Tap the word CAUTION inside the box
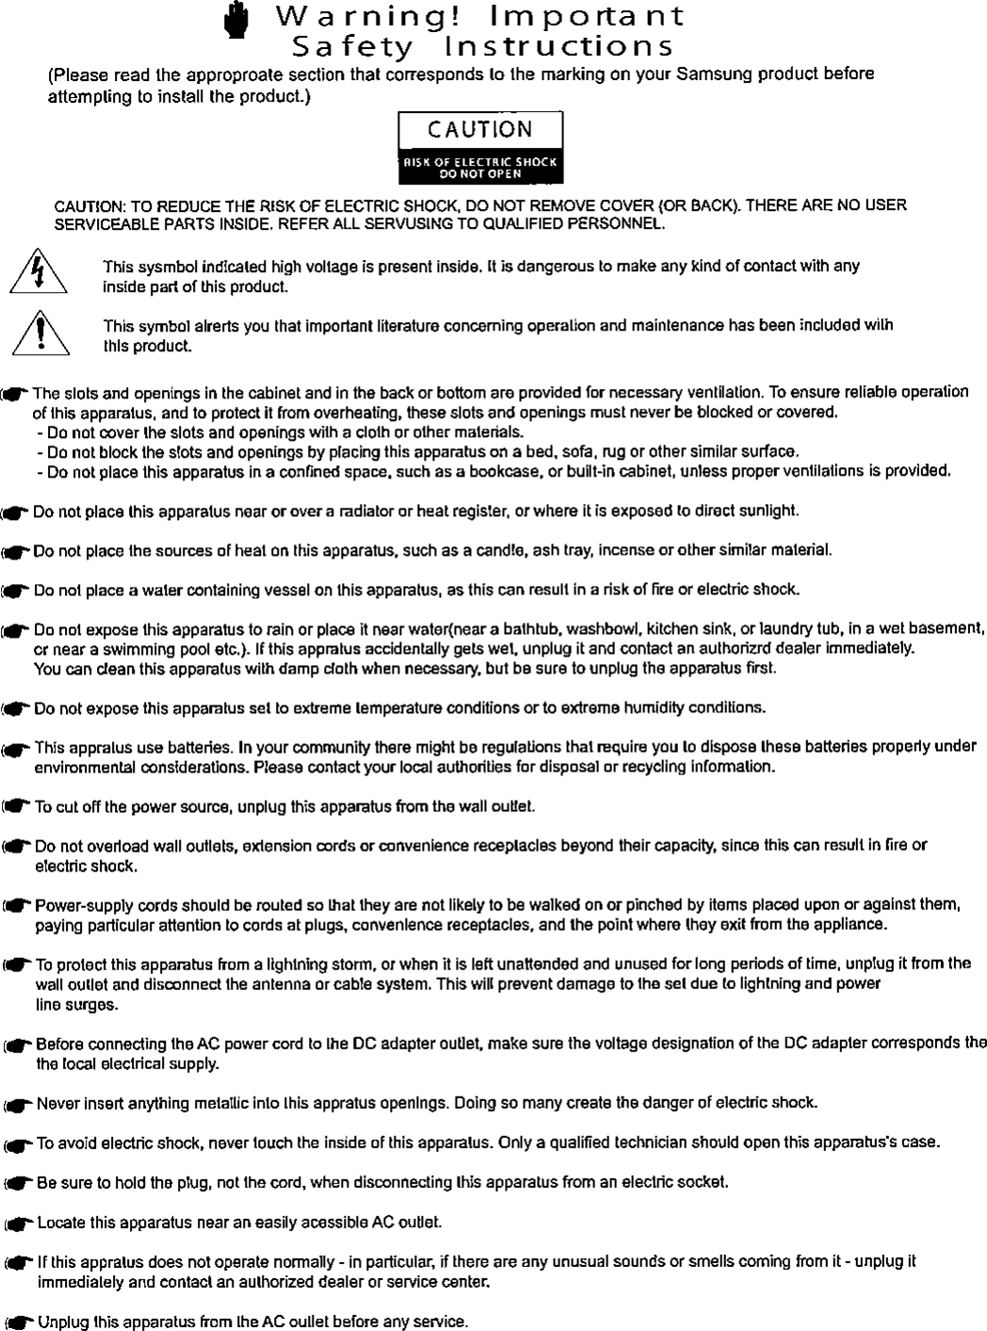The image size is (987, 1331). click(x=480, y=129)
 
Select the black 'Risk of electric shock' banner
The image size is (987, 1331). click(x=480, y=168)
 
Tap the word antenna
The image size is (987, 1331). click(x=264, y=984)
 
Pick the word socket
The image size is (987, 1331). click(x=706, y=1181)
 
